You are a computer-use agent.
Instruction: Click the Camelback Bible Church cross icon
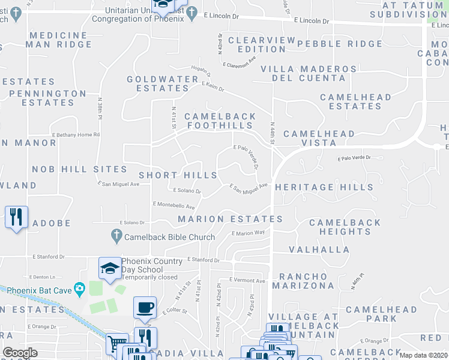(x=117, y=237)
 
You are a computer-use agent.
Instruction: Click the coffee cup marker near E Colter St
(x=145, y=308)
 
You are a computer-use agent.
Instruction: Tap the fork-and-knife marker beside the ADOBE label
(x=16, y=216)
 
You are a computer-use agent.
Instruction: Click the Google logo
(x=20, y=353)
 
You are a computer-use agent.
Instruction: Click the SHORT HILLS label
(x=178, y=175)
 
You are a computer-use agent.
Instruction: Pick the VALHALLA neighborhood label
(x=319, y=249)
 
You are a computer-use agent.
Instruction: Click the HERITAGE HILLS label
(x=324, y=188)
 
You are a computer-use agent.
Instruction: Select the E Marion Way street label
(x=248, y=233)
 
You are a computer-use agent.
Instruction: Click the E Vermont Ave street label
(x=247, y=281)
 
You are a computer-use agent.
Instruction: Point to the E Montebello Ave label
(x=173, y=206)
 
